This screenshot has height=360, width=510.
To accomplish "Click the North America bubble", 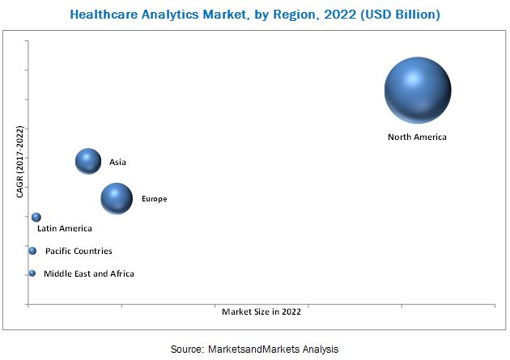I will click(x=418, y=91).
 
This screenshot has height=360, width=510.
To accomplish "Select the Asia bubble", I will click(x=88, y=162).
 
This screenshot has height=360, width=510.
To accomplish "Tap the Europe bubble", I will click(x=117, y=199).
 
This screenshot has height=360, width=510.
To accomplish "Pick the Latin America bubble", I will click(x=36, y=217).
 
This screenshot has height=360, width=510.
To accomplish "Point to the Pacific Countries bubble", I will click(x=32, y=251).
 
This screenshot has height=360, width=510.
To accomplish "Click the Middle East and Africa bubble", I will click(x=32, y=273).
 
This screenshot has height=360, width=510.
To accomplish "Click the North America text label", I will click(x=417, y=137).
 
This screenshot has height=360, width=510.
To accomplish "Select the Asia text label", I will click(x=118, y=163).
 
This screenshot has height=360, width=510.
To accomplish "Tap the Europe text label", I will click(x=154, y=199).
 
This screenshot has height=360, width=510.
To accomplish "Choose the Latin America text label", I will click(x=65, y=229).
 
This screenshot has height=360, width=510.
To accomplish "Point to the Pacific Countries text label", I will click(x=79, y=252).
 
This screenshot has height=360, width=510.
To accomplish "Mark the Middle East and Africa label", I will click(x=89, y=274).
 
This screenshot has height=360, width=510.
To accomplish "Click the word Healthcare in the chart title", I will click(x=103, y=14).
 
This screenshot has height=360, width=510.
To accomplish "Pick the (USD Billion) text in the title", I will click(x=392, y=14).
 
